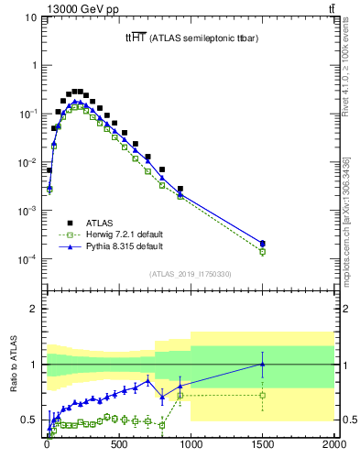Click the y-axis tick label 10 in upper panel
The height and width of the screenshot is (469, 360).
point(29,17)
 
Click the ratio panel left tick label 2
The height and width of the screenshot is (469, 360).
point(36,309)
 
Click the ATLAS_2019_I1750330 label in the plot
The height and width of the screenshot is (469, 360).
point(190,274)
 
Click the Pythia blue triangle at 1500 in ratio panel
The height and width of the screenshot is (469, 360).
point(262,364)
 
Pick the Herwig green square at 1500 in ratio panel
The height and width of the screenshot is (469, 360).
point(262,396)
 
